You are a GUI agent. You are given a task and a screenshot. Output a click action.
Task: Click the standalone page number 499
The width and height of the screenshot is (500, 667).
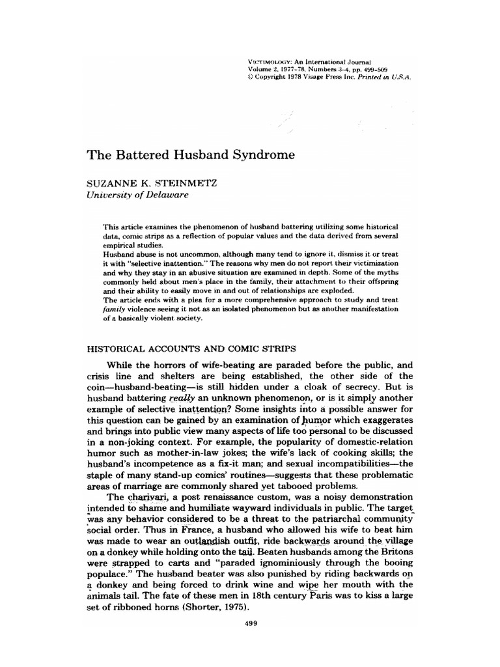(x=250, y=625)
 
